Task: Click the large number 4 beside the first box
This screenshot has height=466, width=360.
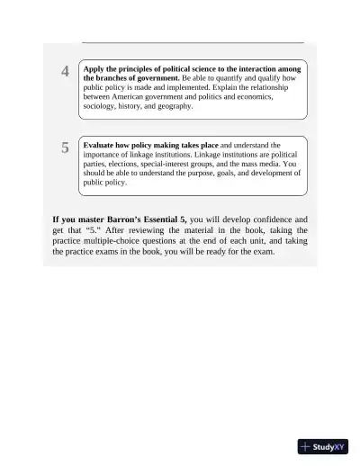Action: click(x=65, y=72)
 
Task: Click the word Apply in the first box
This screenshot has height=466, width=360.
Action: click(x=94, y=68)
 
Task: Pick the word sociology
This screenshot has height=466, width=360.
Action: click(x=99, y=105)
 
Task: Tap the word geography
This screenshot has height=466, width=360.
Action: click(x=175, y=105)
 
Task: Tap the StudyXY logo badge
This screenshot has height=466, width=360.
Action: click(x=322, y=446)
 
